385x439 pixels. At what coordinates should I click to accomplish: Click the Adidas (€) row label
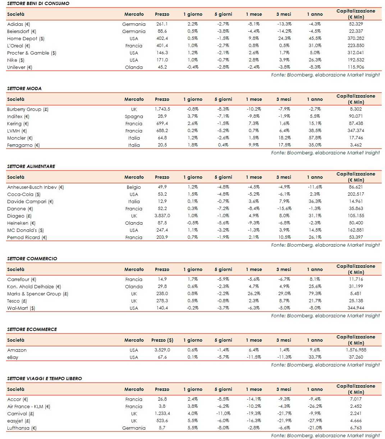click(19, 24)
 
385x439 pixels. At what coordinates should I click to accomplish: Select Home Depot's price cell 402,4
click(162, 38)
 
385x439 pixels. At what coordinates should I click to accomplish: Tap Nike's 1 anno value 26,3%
click(315, 60)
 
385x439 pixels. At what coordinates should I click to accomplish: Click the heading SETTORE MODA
click(24, 88)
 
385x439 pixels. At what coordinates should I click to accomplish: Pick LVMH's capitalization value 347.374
click(356, 131)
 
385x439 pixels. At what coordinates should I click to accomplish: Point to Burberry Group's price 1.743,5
click(162, 109)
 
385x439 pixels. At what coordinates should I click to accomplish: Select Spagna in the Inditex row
click(134, 116)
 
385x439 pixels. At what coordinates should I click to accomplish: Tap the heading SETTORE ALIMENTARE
click(31, 166)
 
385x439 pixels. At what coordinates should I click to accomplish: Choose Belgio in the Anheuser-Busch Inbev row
click(134, 187)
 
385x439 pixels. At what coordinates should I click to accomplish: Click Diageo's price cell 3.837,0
click(162, 216)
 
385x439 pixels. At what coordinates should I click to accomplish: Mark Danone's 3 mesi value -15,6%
click(284, 209)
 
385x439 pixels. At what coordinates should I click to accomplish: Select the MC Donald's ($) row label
click(26, 230)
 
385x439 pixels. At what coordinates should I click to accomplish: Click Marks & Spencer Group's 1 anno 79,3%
click(315, 294)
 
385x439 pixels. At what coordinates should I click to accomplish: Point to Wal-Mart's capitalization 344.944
click(356, 308)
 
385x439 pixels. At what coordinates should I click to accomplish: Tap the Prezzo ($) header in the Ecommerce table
click(162, 340)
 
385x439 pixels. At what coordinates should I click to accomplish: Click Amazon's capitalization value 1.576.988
click(356, 350)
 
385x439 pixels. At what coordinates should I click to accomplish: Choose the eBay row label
click(13, 357)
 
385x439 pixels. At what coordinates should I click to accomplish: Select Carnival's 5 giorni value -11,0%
click(223, 414)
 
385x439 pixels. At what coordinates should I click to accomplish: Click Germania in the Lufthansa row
click(134, 428)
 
